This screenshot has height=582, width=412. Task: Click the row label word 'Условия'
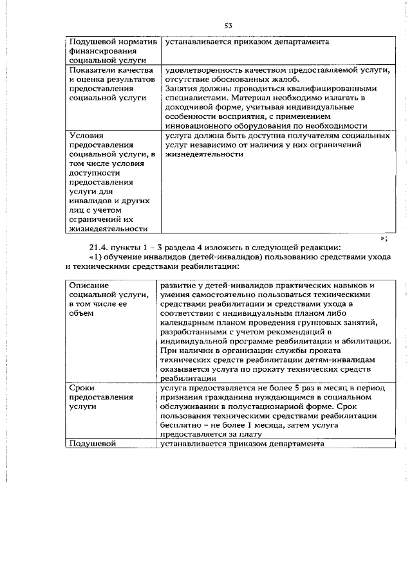86,136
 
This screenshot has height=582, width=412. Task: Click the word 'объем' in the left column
82,313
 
